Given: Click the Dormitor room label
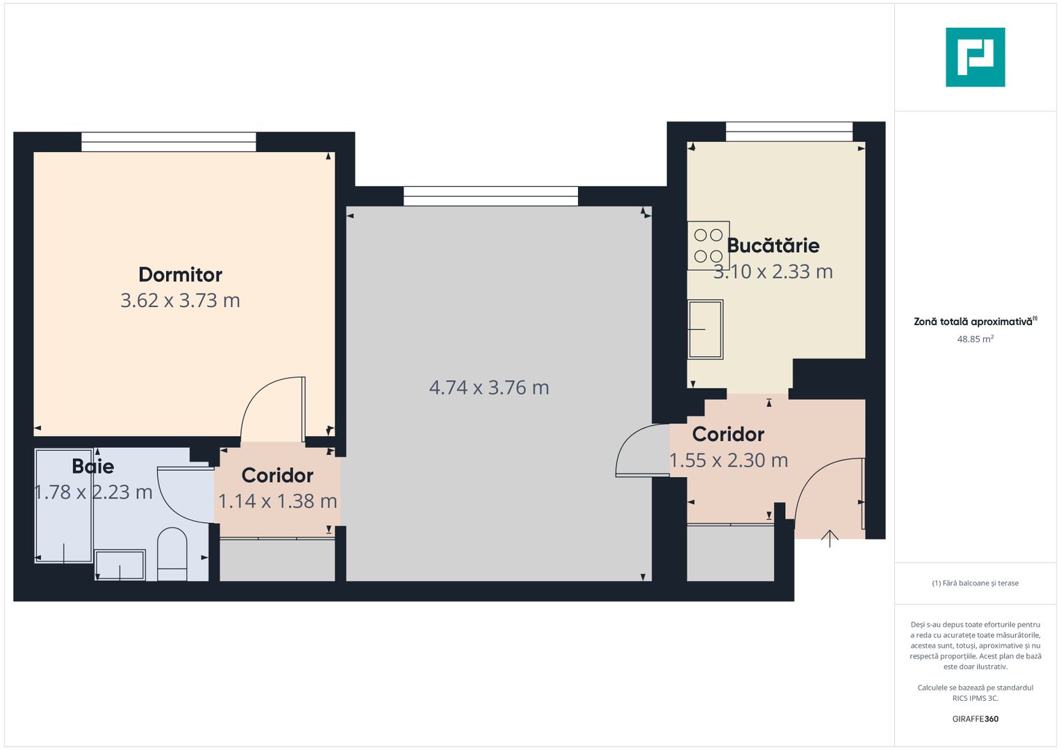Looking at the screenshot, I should pos(180,274).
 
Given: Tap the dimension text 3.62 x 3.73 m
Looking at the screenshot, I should pos(180,301).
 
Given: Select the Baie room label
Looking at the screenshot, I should pos(93,466).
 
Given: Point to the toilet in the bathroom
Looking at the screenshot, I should pos(172,553).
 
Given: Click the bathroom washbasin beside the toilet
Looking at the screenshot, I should pos(120,565).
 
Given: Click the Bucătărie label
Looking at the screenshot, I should pos(773,245).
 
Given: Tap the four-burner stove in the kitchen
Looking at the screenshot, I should pos(708,245).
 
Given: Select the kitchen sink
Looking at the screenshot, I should pos(705,329).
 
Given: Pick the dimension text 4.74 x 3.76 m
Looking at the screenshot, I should pos(489,387).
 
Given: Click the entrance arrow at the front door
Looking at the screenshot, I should pos(830,538).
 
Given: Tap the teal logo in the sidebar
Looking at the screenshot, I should pos(975,57).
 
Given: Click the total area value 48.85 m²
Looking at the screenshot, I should pos(975,340).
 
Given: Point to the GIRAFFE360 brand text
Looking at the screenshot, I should pos(975,719).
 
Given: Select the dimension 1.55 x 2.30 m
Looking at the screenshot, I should pos(728,460).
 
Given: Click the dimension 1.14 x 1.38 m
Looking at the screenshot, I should pos(277,501).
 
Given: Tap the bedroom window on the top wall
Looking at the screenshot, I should pos(168,142).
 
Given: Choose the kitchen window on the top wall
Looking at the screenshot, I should pos(789,131).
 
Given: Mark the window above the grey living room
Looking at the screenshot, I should pos(491,196).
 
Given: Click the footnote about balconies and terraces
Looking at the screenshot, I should pos(975,583).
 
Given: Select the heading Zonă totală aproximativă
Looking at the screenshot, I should pos(973,322).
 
